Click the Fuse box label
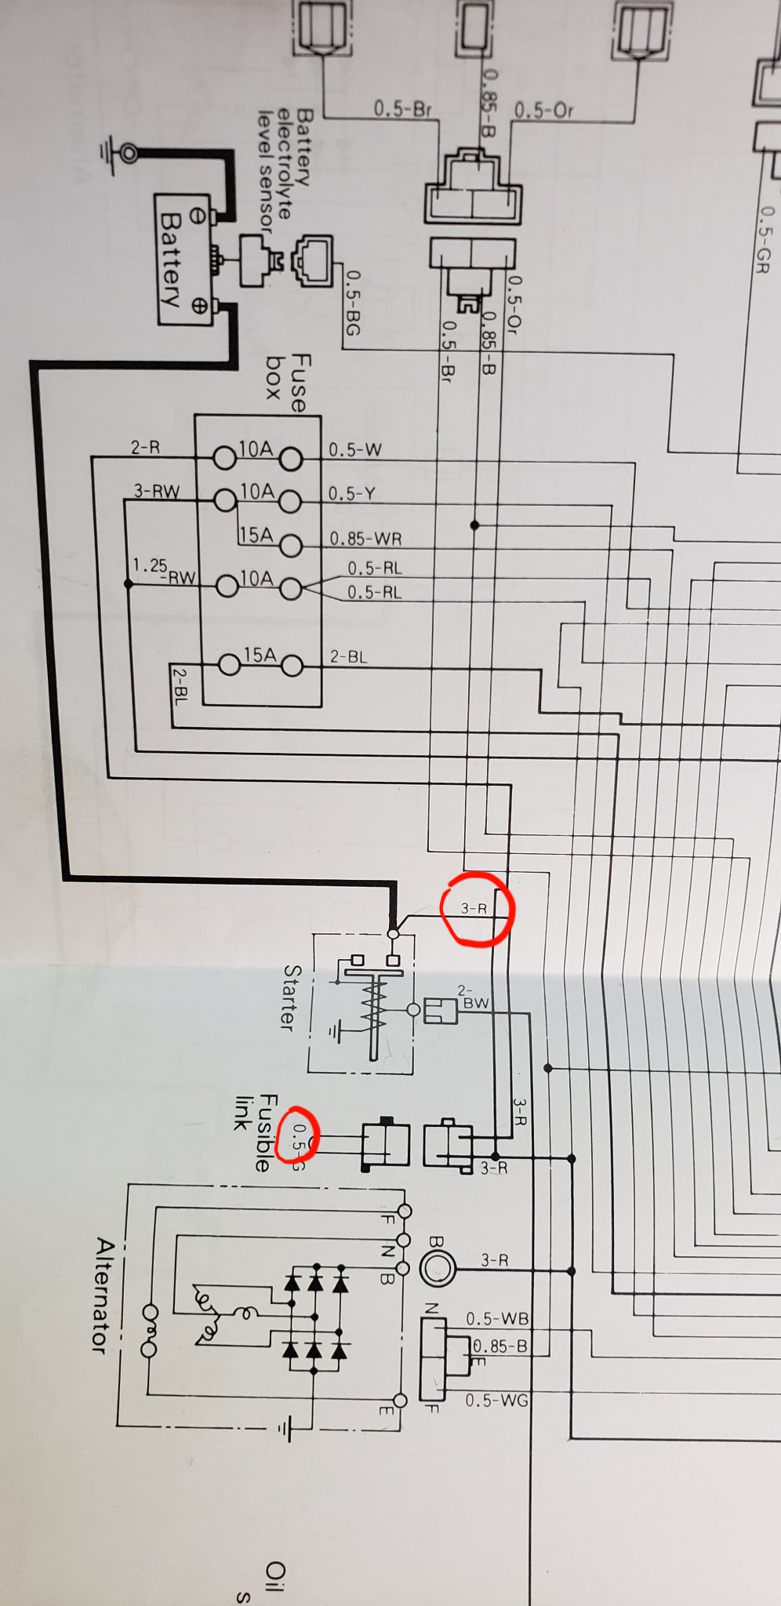point(288,383)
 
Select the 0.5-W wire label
point(354,449)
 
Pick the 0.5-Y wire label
point(351,493)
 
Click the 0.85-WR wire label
point(365,539)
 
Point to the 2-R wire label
point(145,448)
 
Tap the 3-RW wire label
point(157,492)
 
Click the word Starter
point(290,997)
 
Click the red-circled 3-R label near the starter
point(474,908)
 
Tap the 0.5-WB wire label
point(497,1319)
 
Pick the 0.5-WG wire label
point(496,1400)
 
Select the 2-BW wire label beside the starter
point(474,997)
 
